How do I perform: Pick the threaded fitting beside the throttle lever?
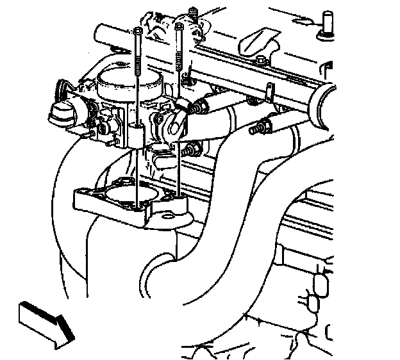(x=201, y=105)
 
